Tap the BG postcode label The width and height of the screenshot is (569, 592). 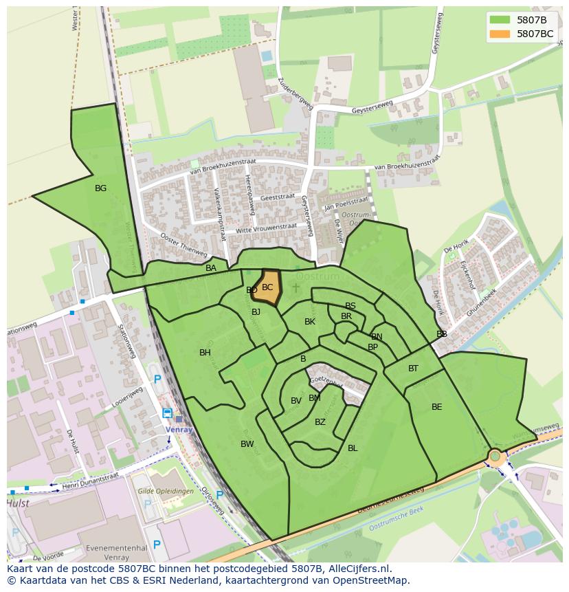(x=101, y=188)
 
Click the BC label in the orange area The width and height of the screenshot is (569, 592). (x=267, y=287)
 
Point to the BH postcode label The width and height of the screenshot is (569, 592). (x=205, y=353)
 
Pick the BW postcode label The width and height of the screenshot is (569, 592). (x=247, y=444)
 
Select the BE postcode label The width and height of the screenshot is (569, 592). (x=437, y=407)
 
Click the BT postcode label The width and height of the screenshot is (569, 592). (x=413, y=369)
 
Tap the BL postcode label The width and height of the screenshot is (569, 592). (x=353, y=448)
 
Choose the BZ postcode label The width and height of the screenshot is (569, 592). (x=320, y=422)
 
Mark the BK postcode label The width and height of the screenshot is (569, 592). (x=310, y=322)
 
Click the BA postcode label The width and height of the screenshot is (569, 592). (x=211, y=268)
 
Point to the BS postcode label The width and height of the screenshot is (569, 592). (x=350, y=306)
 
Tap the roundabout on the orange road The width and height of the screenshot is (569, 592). (x=495, y=456)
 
